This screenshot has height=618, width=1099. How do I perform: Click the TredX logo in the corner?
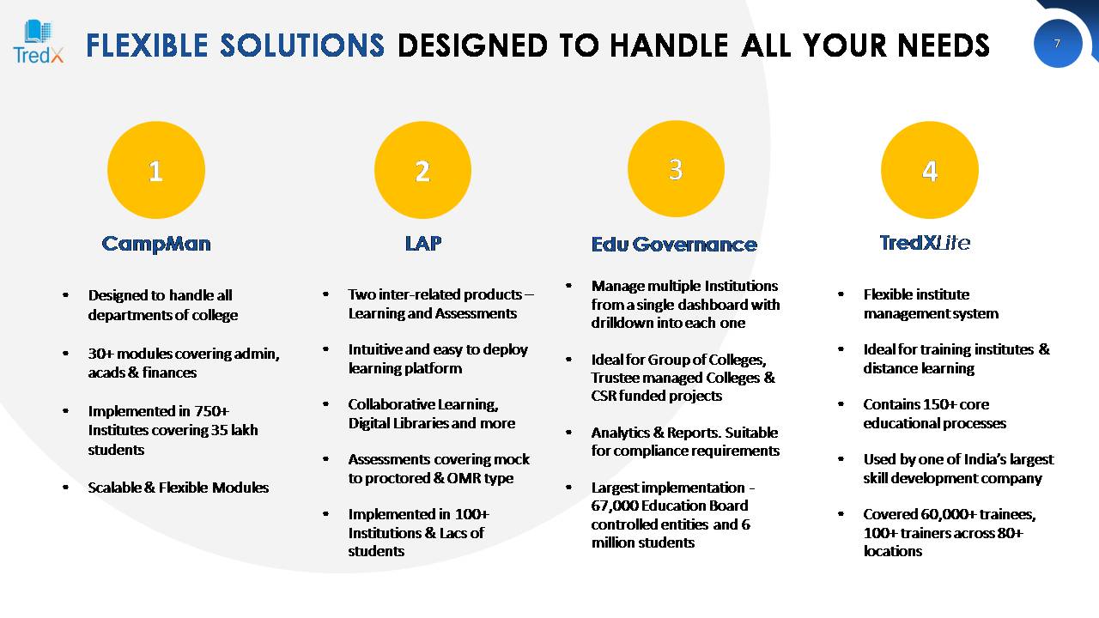[x=39, y=42]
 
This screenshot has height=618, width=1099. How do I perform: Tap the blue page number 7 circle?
[x=1057, y=44]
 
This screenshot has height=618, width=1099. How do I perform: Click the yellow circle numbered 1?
[x=156, y=170]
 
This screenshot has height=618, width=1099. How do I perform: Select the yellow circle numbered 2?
[x=422, y=170]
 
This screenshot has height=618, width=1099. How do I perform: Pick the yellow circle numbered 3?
[x=676, y=169]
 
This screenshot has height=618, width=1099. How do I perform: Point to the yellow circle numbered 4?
[x=929, y=170]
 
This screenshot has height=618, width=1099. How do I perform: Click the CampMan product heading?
[x=156, y=244]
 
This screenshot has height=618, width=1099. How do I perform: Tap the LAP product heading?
[x=423, y=243]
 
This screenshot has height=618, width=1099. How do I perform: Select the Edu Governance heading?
[x=674, y=245]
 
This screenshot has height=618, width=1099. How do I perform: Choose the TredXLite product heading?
[x=925, y=243]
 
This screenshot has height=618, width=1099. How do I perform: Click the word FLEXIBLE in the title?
[x=147, y=45]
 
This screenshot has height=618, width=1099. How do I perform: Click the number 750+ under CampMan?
[x=211, y=411]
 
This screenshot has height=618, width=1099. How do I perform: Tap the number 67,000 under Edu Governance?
[x=614, y=506]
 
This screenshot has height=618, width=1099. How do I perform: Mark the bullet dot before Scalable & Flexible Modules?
[x=66, y=488]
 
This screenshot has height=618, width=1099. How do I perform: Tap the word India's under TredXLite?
[x=992, y=459]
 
